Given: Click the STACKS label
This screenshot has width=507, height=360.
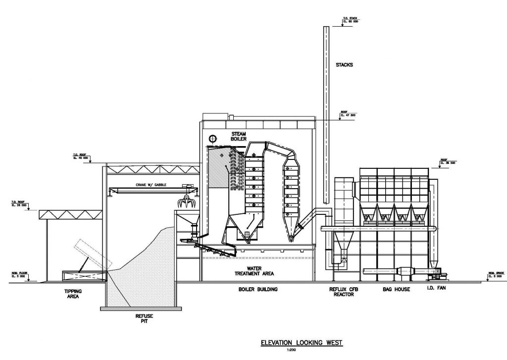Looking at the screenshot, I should pos(344,65).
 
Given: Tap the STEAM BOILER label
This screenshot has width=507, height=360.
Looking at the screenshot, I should pos(239,137).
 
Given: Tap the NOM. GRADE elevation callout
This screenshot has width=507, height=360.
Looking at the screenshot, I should pos(496,274).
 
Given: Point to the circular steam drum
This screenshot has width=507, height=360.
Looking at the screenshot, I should pos(213,139).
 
